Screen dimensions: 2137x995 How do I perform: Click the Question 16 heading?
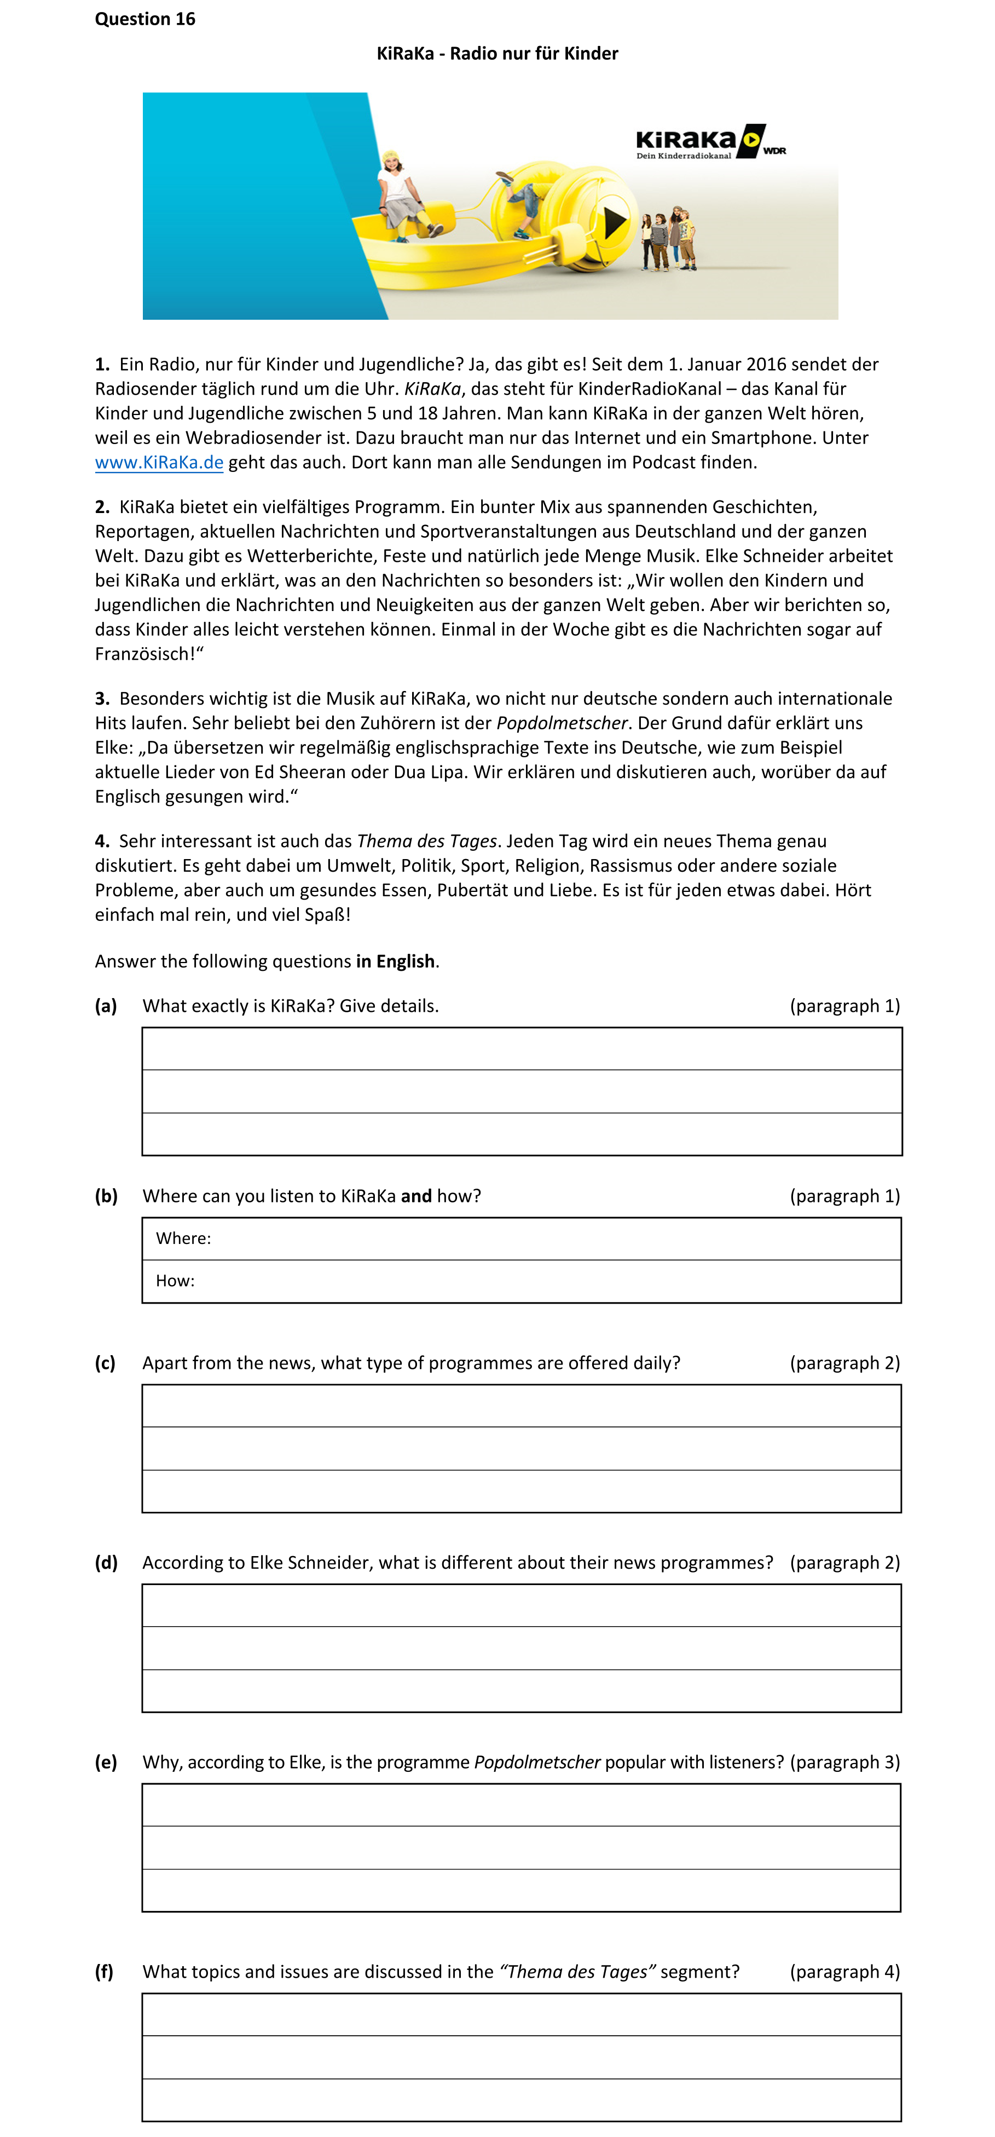145,19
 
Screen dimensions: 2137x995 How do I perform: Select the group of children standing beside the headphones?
668,238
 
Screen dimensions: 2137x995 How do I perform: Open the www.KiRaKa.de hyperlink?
159,463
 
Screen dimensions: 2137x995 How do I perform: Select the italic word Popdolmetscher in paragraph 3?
562,723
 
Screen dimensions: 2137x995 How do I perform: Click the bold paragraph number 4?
101,841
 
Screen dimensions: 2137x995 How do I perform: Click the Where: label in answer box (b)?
183,1239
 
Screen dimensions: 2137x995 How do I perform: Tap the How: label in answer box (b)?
175,1281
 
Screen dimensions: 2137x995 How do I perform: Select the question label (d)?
106,1562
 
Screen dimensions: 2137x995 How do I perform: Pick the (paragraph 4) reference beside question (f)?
844,1971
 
